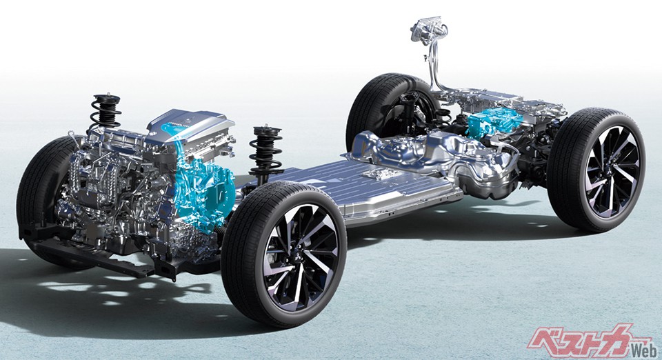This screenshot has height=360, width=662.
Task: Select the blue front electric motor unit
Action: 203,186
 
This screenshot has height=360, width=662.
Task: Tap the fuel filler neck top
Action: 428,30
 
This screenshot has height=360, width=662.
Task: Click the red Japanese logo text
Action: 585,341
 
